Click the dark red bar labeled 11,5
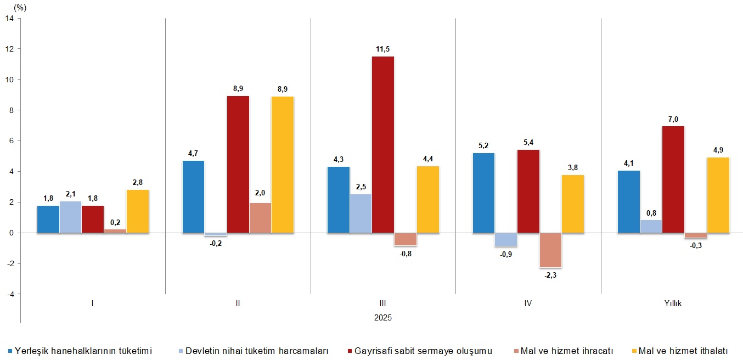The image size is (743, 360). tap(382, 145)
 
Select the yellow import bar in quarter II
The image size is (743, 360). tap(283, 165)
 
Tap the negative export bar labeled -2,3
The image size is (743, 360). tap(550, 250)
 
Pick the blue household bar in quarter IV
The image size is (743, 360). tap(483, 193)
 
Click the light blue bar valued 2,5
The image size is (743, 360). tap(361, 213)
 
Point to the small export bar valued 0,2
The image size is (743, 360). tap(115, 231)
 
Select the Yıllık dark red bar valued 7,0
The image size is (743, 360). tap(673, 179)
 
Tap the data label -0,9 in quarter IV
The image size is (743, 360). tap(506, 254)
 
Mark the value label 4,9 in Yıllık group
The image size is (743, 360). tap(718, 151)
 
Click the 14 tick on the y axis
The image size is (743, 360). tap(9, 18)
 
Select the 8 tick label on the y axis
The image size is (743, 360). tap(11, 110)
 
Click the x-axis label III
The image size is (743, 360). tap(383, 303)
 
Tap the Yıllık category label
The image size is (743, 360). tap(673, 303)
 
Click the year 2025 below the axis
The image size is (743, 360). tap(383, 317)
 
